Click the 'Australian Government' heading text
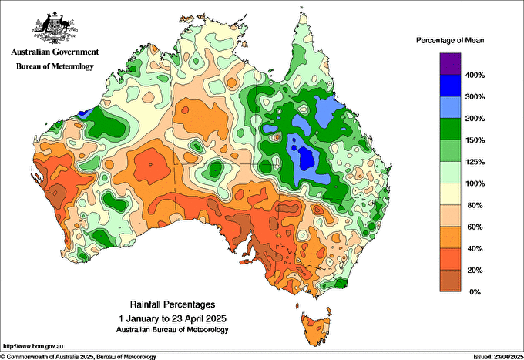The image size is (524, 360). coord(54,52)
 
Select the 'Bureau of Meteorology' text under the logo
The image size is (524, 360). coord(54,66)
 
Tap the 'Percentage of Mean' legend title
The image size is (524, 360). coord(449,39)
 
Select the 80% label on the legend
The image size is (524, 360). coord(474,205)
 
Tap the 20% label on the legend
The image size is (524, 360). coord(474,271)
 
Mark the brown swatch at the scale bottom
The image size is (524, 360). coord(449,281)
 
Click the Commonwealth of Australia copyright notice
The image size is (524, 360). coord(79,356)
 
